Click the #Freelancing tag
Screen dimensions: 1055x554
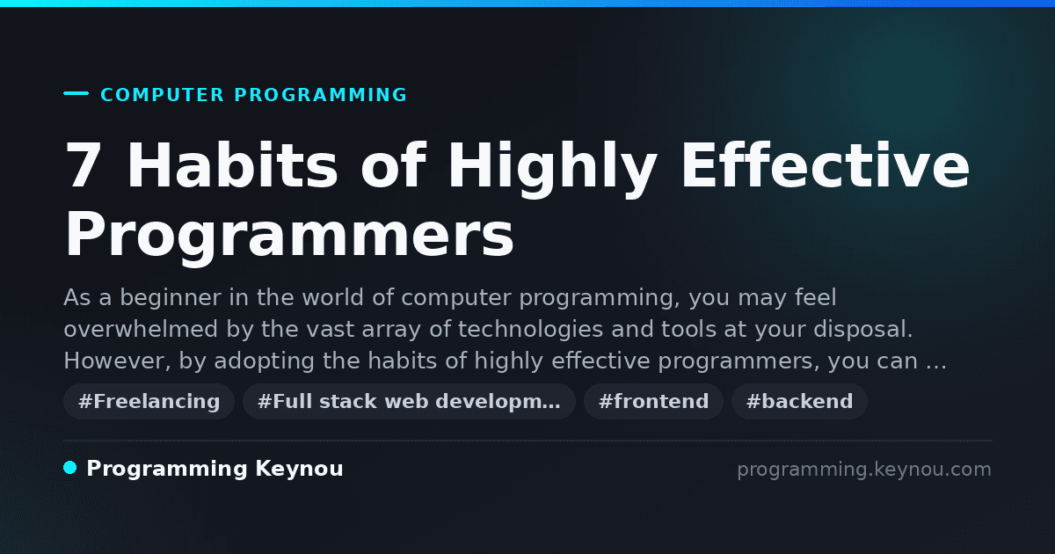(149, 401)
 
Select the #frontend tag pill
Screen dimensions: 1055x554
(653, 401)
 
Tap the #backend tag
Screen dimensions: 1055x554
(799, 401)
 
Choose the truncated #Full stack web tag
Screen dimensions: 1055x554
(409, 401)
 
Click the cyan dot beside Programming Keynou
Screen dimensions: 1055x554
(70, 468)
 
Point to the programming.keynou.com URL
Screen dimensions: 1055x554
(864, 470)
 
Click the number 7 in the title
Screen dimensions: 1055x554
(84, 165)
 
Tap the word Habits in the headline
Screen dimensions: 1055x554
(232, 165)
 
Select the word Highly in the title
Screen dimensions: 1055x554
(553, 169)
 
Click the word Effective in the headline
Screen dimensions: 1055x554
(826, 165)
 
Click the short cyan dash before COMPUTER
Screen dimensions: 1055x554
(76, 93)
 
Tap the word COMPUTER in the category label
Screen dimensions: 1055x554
(162, 95)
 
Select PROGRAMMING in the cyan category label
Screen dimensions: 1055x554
(320, 95)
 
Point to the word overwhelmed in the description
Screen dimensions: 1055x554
(141, 329)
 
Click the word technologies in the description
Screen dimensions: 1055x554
(530, 330)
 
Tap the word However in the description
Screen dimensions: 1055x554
(117, 361)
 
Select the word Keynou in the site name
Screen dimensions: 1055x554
(299, 470)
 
